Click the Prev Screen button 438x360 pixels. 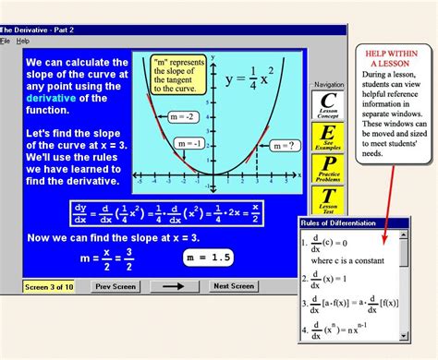pos(116,286)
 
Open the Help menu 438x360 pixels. pos(23,42)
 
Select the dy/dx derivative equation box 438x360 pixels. pos(164,212)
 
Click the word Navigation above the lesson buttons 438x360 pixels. pos(328,84)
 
